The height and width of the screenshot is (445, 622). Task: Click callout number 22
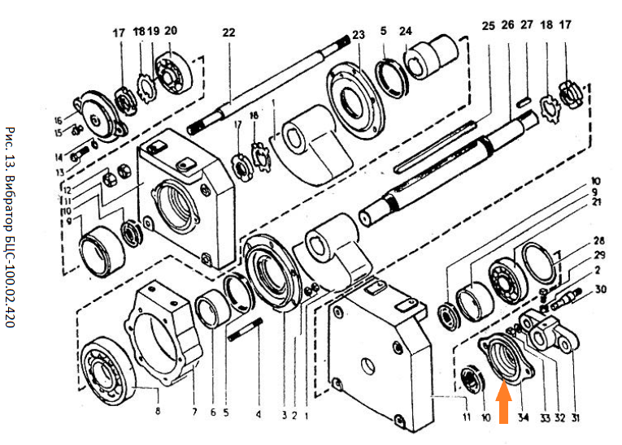pyautogui.click(x=228, y=32)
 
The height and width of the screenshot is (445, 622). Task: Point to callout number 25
pyautogui.click(x=488, y=26)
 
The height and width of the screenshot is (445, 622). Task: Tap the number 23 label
pyautogui.click(x=359, y=35)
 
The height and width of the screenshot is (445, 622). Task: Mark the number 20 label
pyautogui.click(x=171, y=32)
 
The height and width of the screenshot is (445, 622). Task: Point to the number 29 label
pyautogui.click(x=599, y=255)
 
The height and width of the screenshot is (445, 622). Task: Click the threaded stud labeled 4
pyautogui.click(x=247, y=335)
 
